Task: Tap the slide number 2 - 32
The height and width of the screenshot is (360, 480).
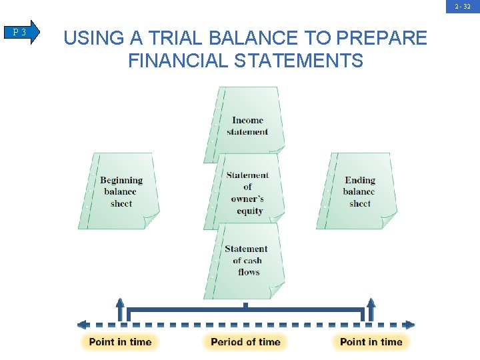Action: tap(463, 7)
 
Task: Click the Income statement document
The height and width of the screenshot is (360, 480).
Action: tap(247, 125)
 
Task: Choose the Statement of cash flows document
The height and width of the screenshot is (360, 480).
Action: tap(247, 261)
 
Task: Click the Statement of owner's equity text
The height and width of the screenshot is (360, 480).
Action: tap(247, 193)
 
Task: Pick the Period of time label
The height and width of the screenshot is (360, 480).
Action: tap(245, 342)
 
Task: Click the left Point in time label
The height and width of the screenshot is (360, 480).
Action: tap(120, 342)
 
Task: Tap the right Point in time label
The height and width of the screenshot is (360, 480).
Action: tap(371, 342)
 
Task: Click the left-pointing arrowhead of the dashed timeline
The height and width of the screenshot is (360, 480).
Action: tap(83, 325)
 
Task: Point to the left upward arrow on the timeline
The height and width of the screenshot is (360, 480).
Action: tap(120, 308)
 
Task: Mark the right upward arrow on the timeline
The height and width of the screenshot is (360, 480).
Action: tap(371, 308)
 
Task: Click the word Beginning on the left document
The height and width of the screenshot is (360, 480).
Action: tap(121, 180)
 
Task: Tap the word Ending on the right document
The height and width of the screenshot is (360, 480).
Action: tap(360, 180)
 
